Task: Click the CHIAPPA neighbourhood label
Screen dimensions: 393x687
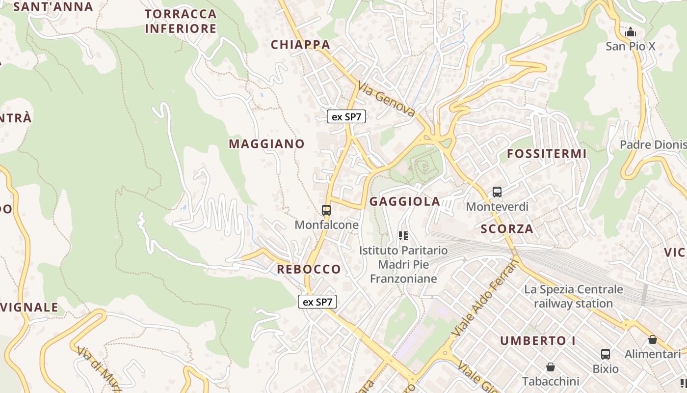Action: point(300,45)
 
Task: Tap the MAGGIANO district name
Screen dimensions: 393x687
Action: point(266,144)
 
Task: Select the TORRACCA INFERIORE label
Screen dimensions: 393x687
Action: point(181,21)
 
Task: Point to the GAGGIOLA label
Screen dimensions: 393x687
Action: point(405,201)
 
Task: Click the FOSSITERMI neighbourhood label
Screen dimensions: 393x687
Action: point(547,154)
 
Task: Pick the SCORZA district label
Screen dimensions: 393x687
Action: point(507,229)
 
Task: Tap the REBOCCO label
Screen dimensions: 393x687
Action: point(309,269)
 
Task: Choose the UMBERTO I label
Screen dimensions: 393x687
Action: point(538,341)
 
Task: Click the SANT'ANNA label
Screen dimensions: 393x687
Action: point(53,7)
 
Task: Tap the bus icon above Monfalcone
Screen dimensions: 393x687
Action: point(326,210)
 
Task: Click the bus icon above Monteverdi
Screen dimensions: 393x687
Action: point(497,192)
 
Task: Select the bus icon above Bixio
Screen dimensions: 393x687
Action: point(606,354)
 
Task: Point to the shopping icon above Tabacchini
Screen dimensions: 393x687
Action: point(551,367)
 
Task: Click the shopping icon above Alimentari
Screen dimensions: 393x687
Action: point(653,339)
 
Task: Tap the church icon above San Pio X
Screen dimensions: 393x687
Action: point(631,32)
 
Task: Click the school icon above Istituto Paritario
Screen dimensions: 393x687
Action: point(403,236)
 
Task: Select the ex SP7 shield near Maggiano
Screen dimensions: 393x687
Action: point(346,116)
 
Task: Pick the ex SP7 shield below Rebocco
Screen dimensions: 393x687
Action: point(317,302)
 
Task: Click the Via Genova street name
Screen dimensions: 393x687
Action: point(387,100)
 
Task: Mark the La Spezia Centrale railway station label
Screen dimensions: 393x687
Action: point(573,296)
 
